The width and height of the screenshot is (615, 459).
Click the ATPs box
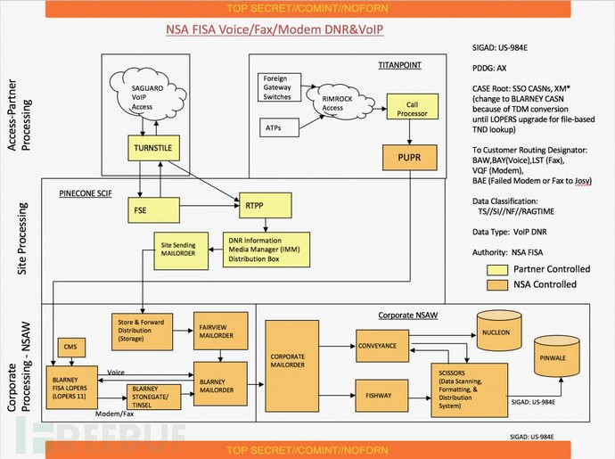275,129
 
